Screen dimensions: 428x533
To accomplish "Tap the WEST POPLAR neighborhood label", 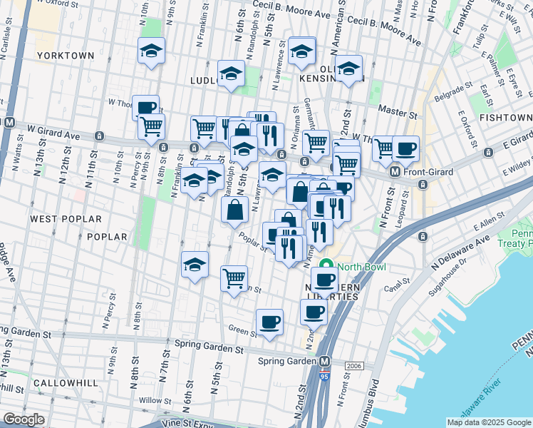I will click(x=66, y=219).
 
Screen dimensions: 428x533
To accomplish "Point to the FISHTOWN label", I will click(x=505, y=117).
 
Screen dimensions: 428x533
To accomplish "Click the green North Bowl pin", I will click(x=327, y=267).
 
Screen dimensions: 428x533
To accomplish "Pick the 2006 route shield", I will click(x=354, y=366).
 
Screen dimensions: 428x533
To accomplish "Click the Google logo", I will click(x=24, y=419).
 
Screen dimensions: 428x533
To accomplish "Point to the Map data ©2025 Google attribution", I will click(x=489, y=422).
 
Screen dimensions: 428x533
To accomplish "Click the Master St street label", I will click(x=398, y=112).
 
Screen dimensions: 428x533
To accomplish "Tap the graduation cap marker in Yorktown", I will click(x=151, y=51).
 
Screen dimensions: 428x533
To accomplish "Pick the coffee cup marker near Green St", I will click(x=270, y=322).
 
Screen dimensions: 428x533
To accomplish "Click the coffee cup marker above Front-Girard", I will click(x=406, y=148).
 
